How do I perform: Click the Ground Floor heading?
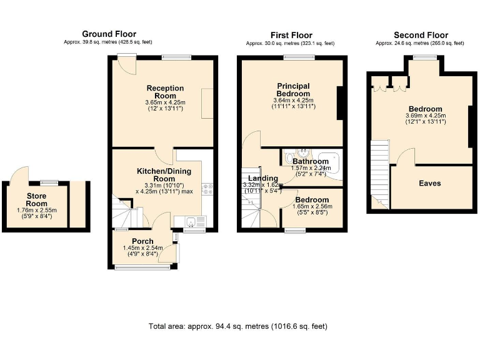(109, 34)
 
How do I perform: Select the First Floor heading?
(291, 35)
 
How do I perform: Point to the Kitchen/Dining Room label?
(164, 175)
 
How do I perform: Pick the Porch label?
(142, 241)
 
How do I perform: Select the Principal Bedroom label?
(293, 89)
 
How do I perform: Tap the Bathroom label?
(311, 161)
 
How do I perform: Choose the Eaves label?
(430, 183)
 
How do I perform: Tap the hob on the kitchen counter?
(207, 189)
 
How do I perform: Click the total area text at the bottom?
(238, 326)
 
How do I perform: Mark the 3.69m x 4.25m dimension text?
(425, 116)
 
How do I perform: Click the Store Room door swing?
(21, 174)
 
